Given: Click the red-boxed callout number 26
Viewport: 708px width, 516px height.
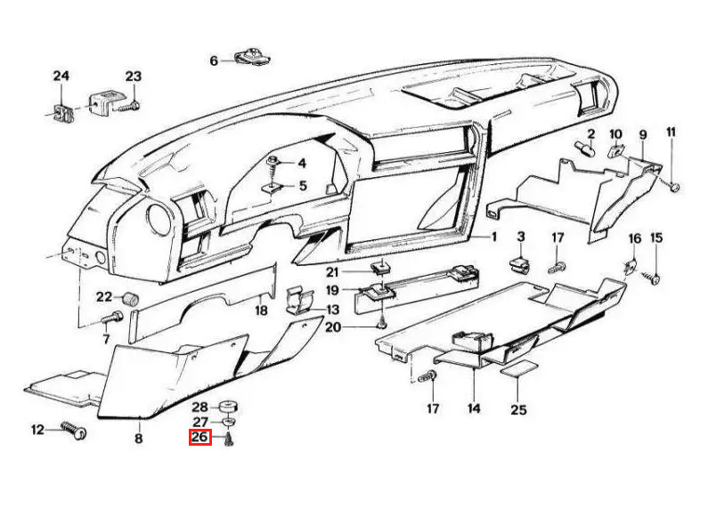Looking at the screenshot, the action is [x=199, y=437].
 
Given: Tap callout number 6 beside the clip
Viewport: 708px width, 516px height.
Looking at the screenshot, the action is [x=214, y=60].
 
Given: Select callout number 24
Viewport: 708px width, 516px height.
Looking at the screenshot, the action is [x=61, y=76].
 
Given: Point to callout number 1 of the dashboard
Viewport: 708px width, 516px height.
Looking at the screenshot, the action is [x=493, y=237].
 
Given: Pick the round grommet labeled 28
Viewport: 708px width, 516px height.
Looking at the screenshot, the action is [x=228, y=407].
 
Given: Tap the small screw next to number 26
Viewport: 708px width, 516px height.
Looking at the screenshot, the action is [x=230, y=439].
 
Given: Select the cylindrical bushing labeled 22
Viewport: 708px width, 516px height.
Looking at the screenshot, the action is [x=131, y=299].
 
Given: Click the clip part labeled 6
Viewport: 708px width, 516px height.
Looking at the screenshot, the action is [x=252, y=57].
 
